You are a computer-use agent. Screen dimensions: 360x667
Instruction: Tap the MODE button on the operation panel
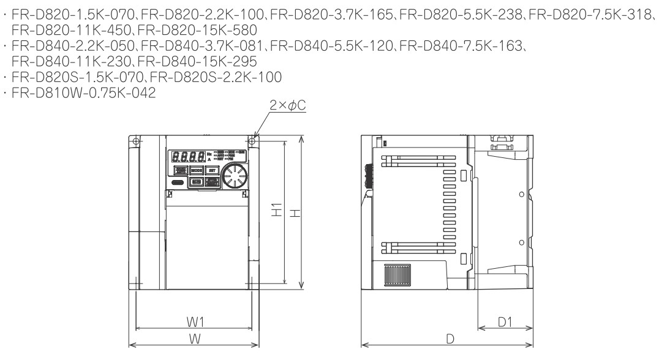[196, 170]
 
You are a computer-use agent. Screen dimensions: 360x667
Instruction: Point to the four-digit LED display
[189, 158]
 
